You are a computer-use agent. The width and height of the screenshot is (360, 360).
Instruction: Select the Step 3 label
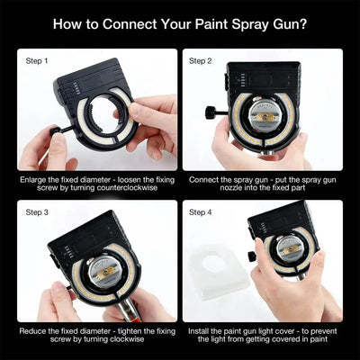36,212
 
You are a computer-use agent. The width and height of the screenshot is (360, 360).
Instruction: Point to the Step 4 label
200,212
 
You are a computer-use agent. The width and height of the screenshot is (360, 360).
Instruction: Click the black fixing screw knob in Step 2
211,112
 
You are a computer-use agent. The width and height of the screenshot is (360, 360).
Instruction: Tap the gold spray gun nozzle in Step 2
265,119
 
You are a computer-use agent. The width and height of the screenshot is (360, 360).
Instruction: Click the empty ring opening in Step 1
103,114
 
